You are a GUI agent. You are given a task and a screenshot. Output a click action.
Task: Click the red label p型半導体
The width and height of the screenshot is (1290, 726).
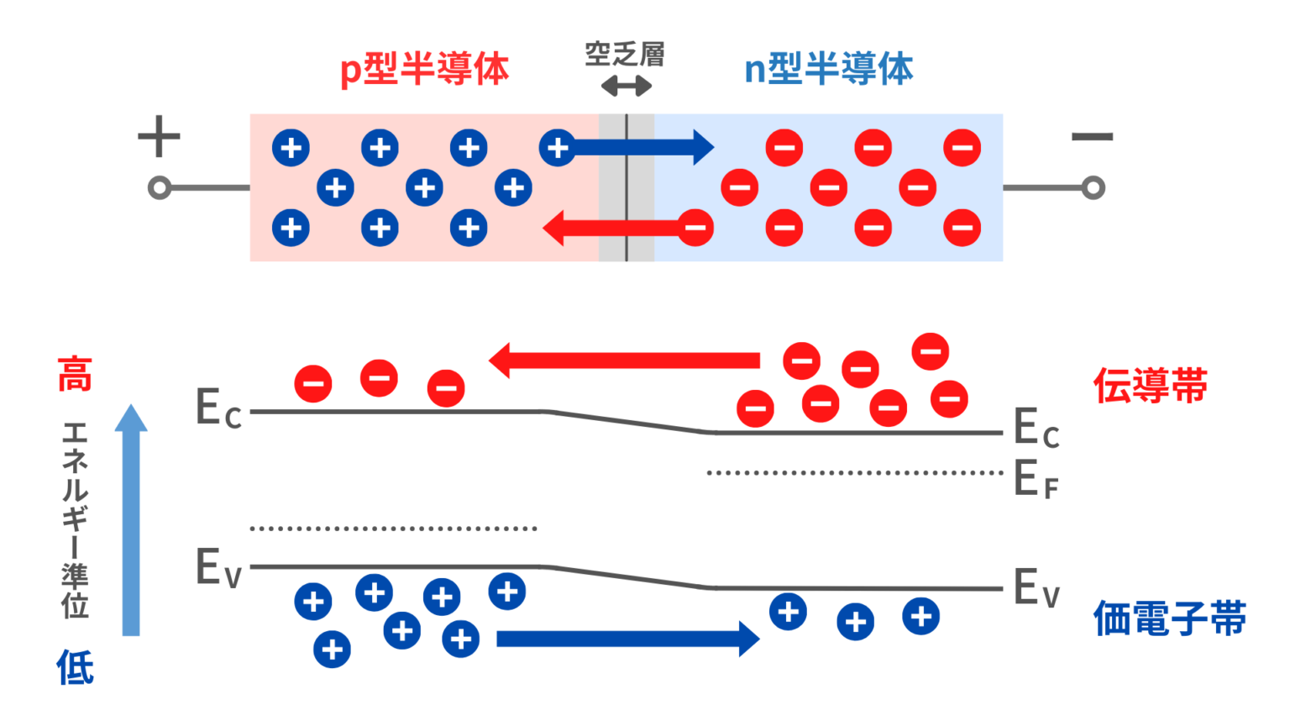pos(424,69)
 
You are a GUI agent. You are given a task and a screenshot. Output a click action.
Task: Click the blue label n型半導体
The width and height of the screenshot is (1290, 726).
pos(828,69)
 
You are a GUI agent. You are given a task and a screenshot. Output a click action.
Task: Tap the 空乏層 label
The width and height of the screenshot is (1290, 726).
pos(625,55)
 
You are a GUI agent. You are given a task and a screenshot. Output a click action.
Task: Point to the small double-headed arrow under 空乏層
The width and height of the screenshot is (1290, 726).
pos(627,86)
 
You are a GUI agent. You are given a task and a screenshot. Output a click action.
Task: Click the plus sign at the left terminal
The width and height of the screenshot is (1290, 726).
pos(159,137)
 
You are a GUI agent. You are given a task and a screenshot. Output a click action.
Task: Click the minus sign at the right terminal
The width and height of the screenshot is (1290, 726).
pos(1092,137)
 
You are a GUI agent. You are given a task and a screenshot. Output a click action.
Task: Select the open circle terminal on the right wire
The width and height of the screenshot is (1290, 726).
pos(1093,187)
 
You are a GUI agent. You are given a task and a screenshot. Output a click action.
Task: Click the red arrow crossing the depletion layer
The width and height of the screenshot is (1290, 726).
pos(613,228)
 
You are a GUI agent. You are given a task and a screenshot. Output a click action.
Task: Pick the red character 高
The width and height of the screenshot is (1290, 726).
pos(75,375)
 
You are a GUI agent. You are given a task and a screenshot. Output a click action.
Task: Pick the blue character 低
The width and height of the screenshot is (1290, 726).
pos(75,667)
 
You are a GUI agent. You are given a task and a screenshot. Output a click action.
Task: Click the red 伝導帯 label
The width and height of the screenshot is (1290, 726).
pos(1150,386)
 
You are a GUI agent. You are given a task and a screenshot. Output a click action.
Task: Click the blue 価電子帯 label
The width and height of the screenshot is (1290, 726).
pos(1169,619)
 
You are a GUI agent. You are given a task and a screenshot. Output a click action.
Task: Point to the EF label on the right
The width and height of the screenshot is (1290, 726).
pos(1036,479)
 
